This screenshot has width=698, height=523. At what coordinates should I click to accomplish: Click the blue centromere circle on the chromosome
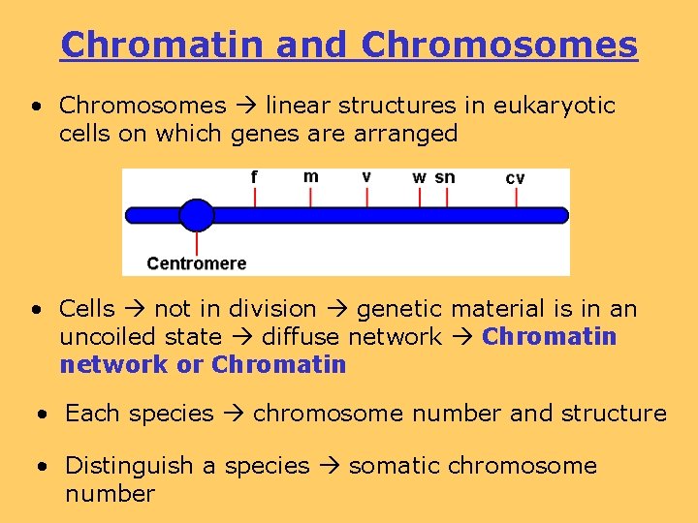(x=197, y=215)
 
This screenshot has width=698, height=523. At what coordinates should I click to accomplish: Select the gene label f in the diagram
(x=254, y=177)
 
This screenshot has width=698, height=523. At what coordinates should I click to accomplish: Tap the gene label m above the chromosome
(x=310, y=176)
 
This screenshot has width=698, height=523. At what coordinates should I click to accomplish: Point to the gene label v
(x=366, y=177)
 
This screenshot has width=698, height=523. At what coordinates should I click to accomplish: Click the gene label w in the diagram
(x=419, y=178)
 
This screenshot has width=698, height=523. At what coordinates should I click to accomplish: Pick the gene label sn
(x=445, y=177)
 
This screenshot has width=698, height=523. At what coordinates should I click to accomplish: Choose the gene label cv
(x=516, y=178)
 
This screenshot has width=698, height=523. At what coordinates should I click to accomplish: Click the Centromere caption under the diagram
(x=197, y=263)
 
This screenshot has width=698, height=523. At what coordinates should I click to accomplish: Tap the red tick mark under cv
(x=516, y=197)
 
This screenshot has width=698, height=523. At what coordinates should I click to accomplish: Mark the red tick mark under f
(x=254, y=197)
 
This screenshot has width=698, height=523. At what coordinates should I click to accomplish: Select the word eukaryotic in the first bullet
(x=557, y=106)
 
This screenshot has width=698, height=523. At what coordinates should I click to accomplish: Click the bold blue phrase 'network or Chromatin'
(x=203, y=365)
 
